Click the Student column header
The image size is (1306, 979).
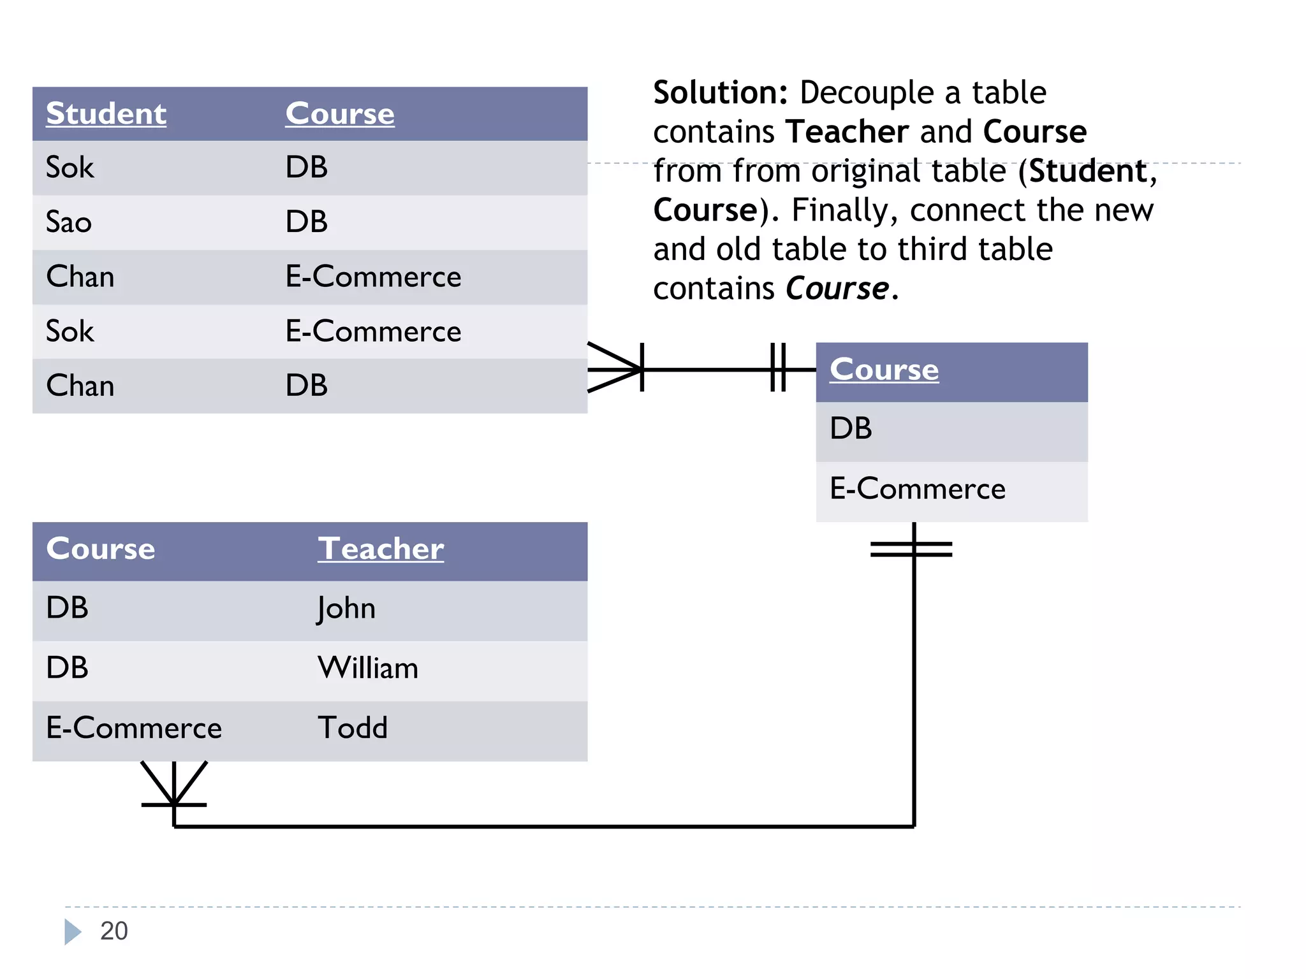click(106, 114)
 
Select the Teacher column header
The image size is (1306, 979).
click(381, 549)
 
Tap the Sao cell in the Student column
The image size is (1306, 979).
click(69, 222)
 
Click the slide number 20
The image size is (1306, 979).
click(114, 931)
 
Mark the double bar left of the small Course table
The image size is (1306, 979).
click(778, 368)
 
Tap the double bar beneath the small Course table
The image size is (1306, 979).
click(912, 549)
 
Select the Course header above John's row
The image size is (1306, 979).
click(101, 549)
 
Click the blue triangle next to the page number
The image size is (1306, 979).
click(73, 932)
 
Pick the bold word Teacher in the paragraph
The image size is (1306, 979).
click(847, 132)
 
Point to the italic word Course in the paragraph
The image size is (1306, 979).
click(837, 289)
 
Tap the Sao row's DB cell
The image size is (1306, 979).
click(307, 222)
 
